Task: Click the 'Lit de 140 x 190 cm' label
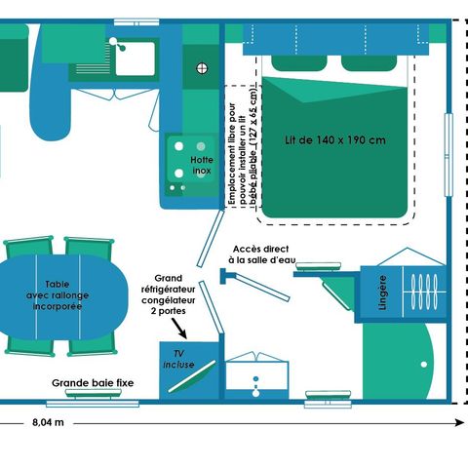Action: (335, 140)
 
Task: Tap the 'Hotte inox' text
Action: (202, 165)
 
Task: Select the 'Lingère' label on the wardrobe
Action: (383, 292)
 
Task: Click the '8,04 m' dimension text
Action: (48, 422)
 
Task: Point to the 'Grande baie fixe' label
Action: (93, 383)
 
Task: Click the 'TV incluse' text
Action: (178, 359)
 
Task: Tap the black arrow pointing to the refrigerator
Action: (178, 329)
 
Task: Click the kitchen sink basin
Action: (136, 58)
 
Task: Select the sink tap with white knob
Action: (117, 44)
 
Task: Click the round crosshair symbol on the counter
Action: (202, 68)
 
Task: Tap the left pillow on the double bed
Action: (298, 63)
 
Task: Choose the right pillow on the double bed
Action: (369, 63)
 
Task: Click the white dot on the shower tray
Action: (424, 365)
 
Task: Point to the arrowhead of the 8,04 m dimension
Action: (460, 422)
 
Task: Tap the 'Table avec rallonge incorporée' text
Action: (58, 295)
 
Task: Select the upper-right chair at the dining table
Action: (89, 247)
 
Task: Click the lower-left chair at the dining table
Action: (29, 345)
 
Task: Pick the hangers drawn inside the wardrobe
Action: (424, 292)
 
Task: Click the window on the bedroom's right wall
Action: (448, 155)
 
